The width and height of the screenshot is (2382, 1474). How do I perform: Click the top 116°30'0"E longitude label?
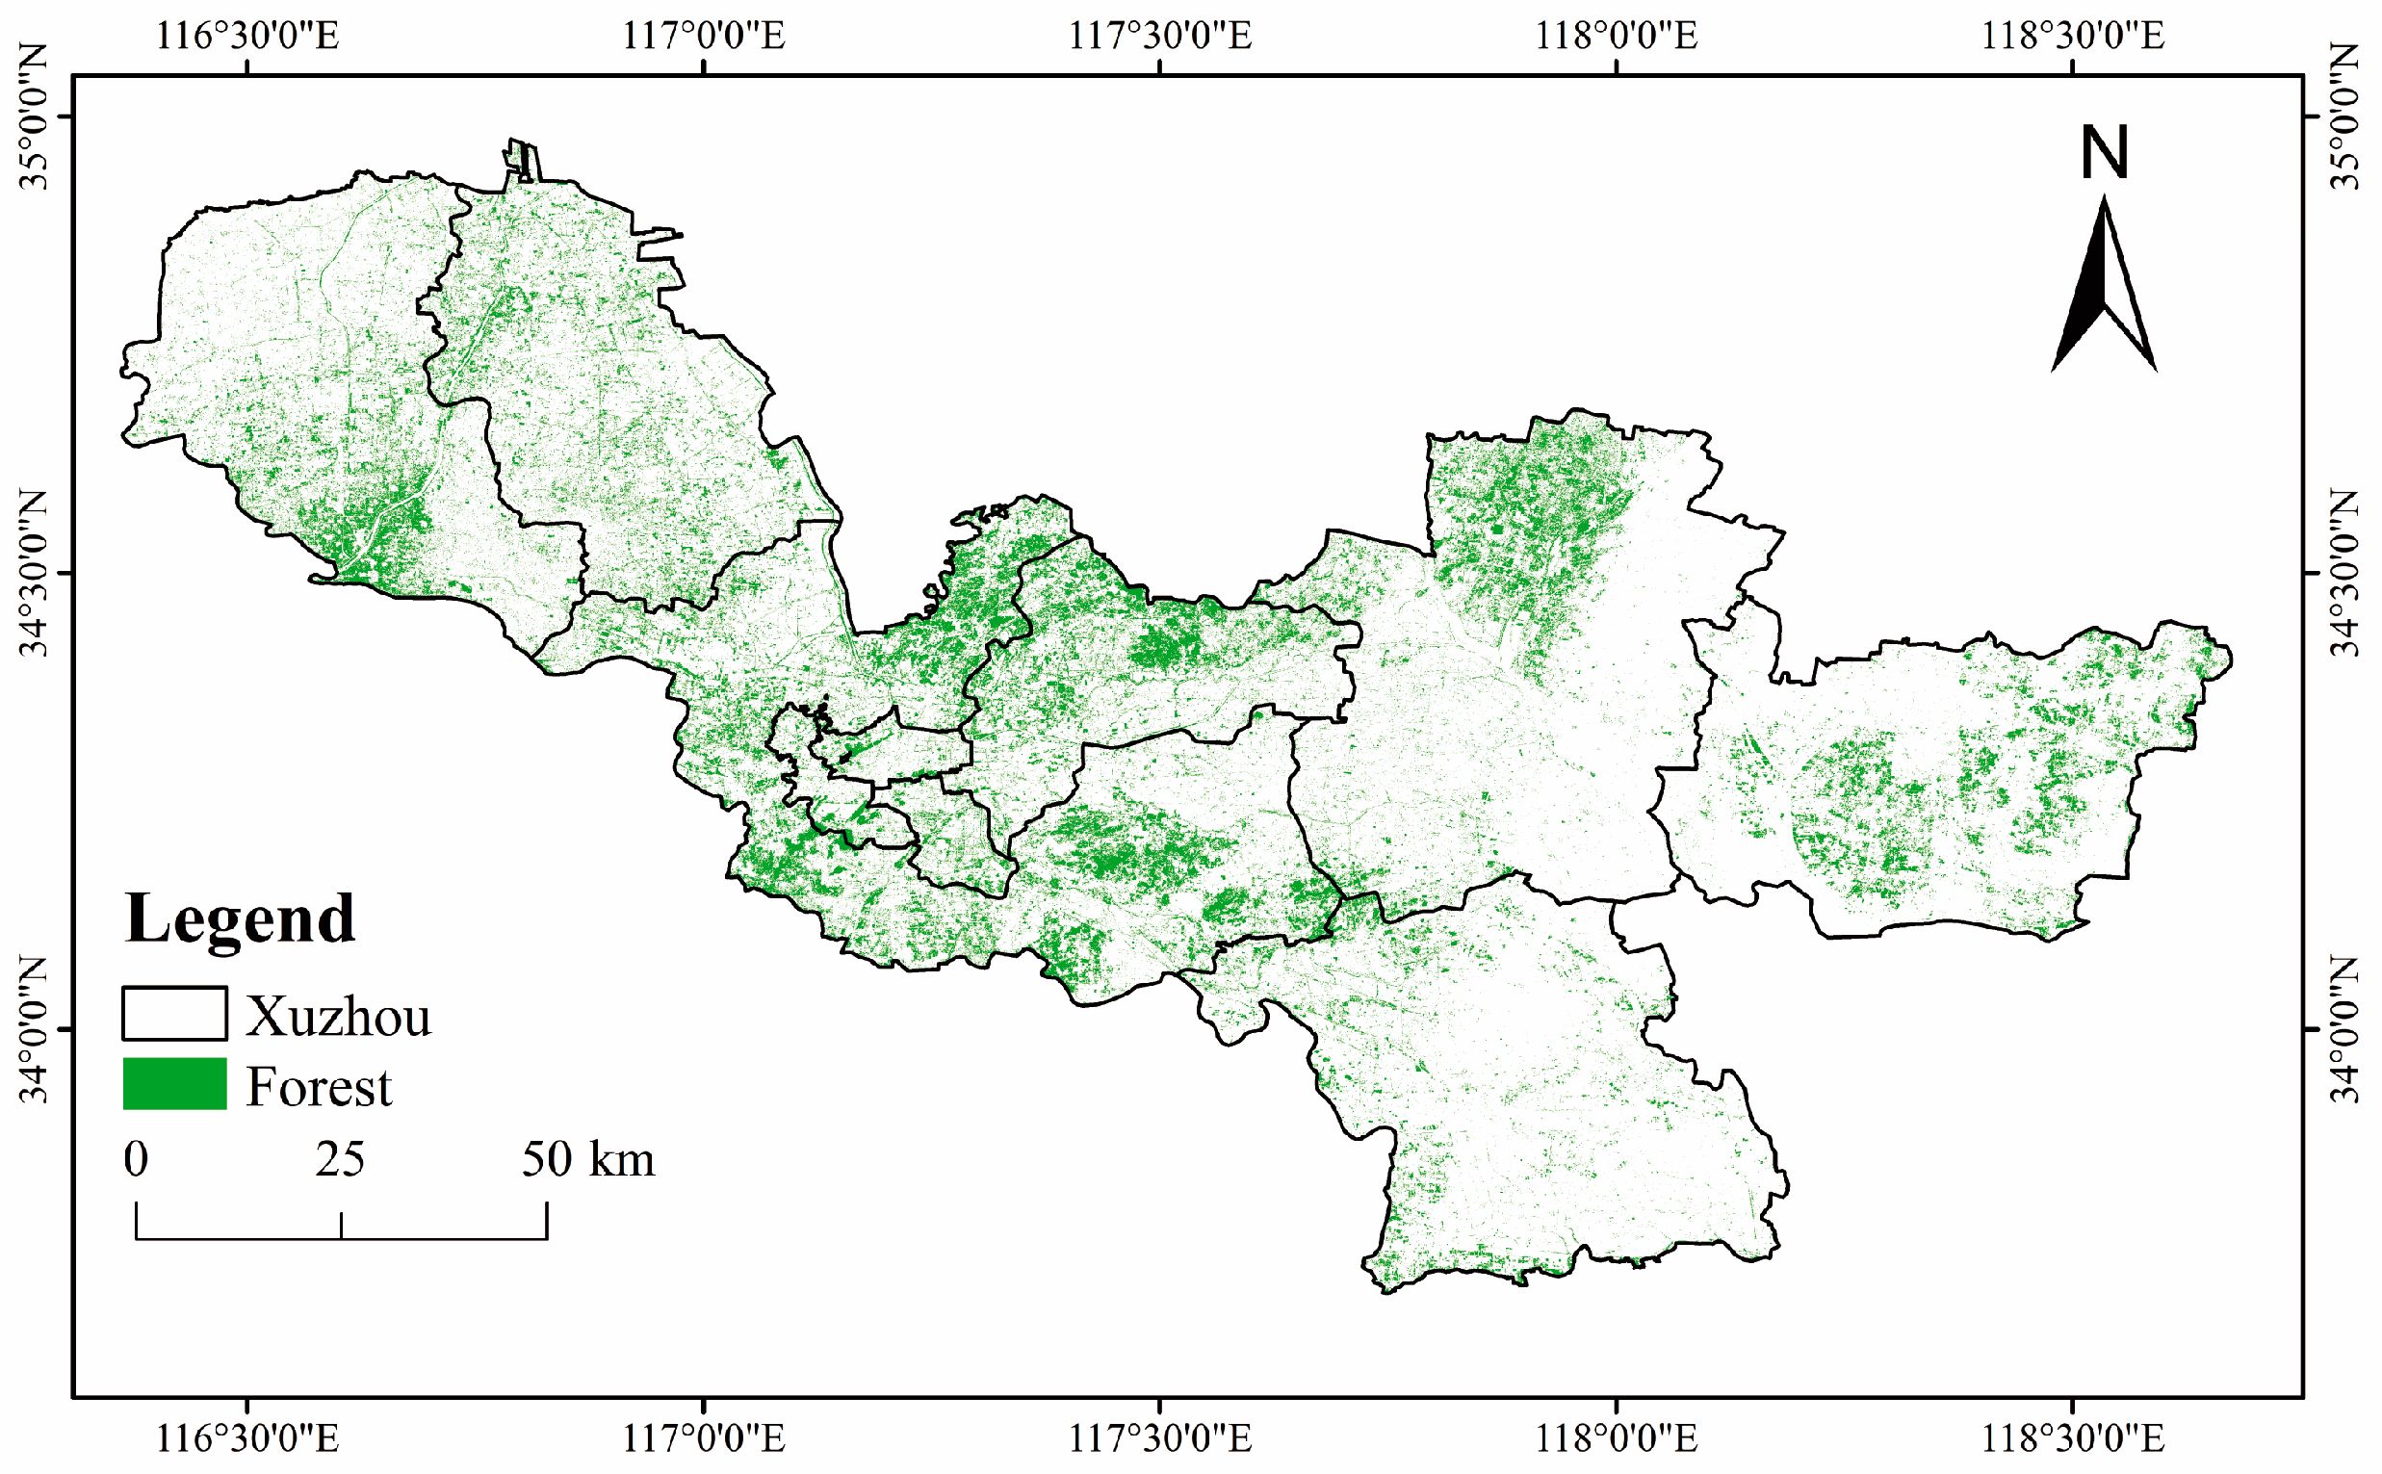click(x=247, y=36)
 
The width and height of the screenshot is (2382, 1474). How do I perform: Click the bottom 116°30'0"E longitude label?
click(x=247, y=1438)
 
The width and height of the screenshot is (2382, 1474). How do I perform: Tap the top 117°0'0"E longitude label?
click(x=703, y=36)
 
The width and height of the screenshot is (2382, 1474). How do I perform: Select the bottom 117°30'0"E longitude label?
click(x=1160, y=1438)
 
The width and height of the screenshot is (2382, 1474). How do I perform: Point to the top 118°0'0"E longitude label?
click(x=1616, y=36)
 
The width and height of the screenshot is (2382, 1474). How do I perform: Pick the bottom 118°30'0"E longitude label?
click(x=2072, y=1438)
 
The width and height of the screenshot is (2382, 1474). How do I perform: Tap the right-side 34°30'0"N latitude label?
click(x=2347, y=572)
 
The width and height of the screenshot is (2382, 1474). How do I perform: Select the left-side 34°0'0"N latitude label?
click(x=35, y=1029)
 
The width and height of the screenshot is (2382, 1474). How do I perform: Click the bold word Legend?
click(x=240, y=918)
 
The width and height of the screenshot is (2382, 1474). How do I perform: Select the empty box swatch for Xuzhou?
click(x=174, y=1014)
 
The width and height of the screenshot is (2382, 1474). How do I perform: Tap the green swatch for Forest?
click(x=174, y=1084)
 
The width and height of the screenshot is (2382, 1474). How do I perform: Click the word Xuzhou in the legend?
click(x=338, y=1017)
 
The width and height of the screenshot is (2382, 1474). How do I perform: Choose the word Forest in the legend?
click(x=318, y=1087)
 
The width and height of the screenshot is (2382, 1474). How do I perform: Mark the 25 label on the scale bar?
click(x=340, y=1160)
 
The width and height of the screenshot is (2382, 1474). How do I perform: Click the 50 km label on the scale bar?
click(x=587, y=1160)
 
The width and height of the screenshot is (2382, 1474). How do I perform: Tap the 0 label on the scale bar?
click(x=137, y=1160)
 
